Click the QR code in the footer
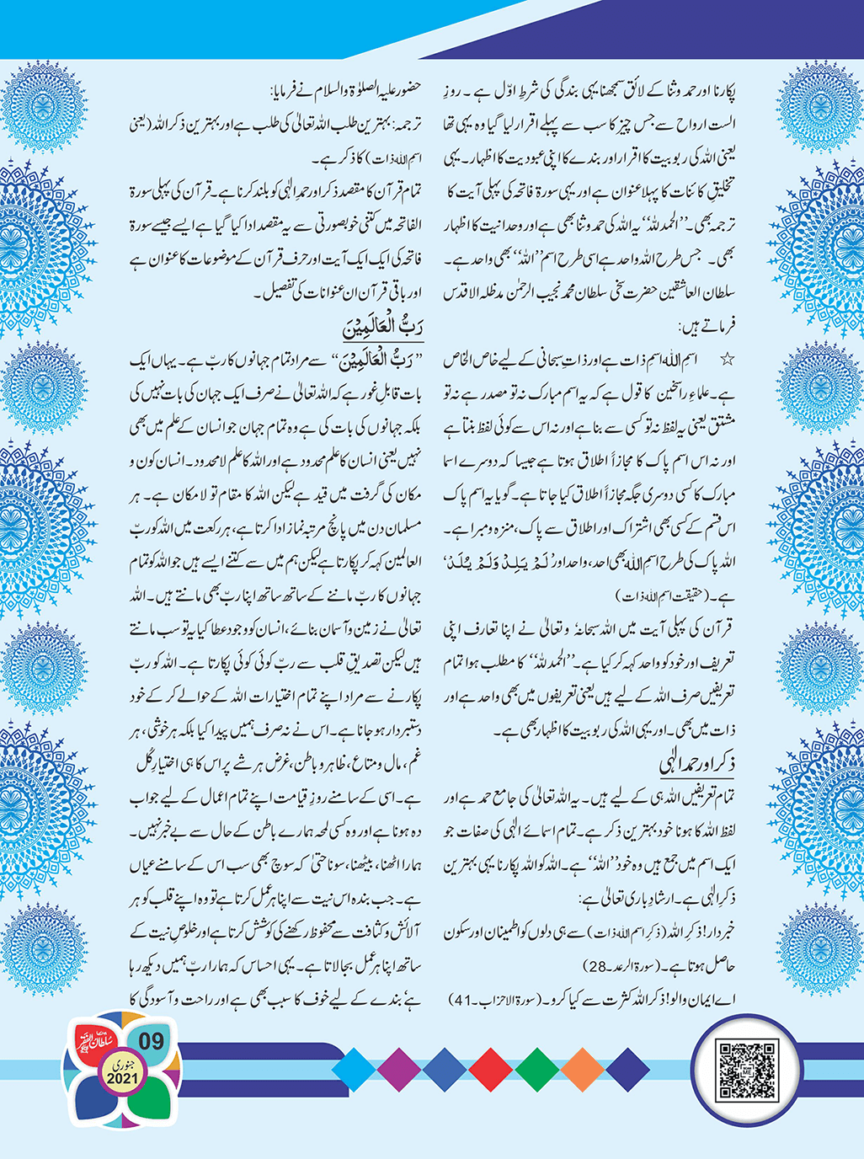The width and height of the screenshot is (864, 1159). click(x=744, y=1069)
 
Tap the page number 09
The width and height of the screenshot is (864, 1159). click(x=151, y=1041)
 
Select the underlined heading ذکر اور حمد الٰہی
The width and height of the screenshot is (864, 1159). click(x=696, y=765)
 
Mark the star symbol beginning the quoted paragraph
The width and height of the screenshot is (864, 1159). click(x=727, y=360)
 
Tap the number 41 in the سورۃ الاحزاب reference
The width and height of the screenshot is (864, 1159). click(x=465, y=1001)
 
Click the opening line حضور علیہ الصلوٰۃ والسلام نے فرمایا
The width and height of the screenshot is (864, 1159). click(x=353, y=90)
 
